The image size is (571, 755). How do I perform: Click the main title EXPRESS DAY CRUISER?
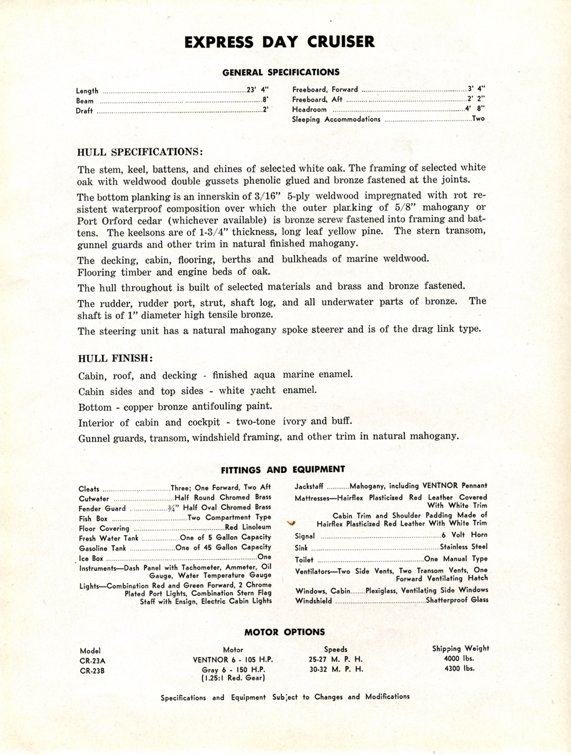tap(279, 41)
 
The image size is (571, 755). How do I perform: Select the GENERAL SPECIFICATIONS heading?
tap(281, 72)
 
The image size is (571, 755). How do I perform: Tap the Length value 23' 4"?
tap(258, 90)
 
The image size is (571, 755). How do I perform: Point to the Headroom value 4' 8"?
tap(475, 109)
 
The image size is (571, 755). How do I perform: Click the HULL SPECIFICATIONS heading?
tap(140, 151)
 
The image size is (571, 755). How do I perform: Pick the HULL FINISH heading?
tap(115, 358)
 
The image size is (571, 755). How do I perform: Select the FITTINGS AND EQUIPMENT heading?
tap(282, 469)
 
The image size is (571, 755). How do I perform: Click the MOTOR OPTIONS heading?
tap(284, 632)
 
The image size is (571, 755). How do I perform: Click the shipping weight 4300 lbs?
tap(460, 668)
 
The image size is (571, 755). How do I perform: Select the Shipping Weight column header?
tap(460, 649)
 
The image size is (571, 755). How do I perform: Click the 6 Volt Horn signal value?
tap(464, 535)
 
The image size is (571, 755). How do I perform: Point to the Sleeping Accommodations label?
tap(337, 119)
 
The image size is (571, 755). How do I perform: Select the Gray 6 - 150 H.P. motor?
tap(233, 668)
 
